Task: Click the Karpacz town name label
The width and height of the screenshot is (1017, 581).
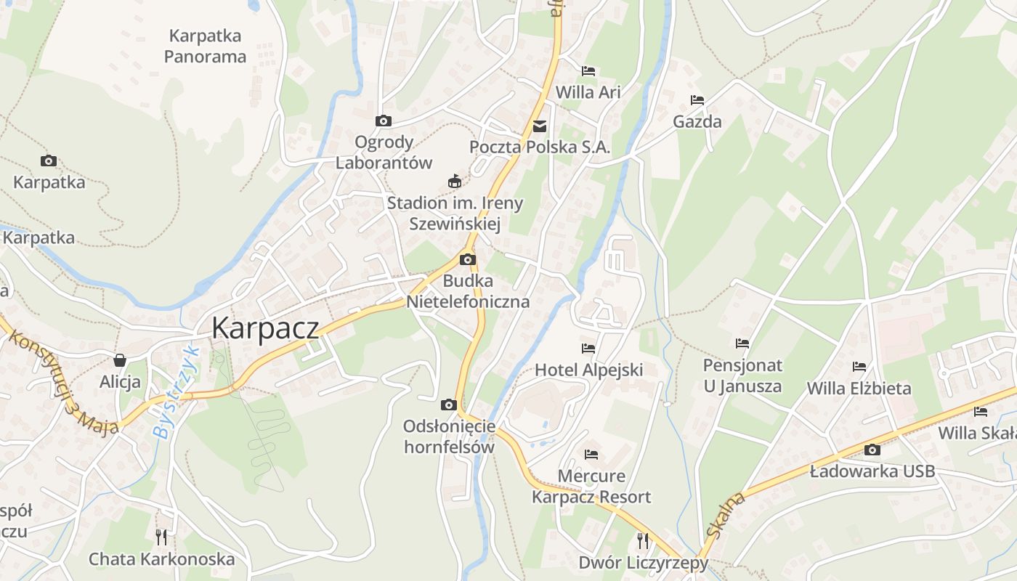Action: pyautogui.click(x=265, y=328)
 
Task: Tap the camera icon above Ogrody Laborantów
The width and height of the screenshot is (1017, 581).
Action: pyautogui.click(x=383, y=121)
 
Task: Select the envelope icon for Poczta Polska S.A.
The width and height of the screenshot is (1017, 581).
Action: pyautogui.click(x=540, y=126)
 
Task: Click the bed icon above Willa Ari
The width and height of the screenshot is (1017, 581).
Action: pyautogui.click(x=588, y=71)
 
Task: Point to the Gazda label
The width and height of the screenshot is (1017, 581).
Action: pyautogui.click(x=697, y=121)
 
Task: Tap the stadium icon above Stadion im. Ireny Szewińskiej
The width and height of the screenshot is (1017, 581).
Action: pyautogui.click(x=455, y=181)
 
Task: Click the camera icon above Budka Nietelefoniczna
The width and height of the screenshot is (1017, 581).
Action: pyautogui.click(x=468, y=260)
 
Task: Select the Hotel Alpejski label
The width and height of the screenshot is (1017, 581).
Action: pyautogui.click(x=589, y=370)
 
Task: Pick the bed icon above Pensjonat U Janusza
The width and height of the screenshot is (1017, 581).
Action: pyautogui.click(x=742, y=344)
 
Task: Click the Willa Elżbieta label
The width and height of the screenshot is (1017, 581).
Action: pyautogui.click(x=859, y=389)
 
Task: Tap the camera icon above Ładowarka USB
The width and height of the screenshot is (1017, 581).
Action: pyautogui.click(x=872, y=450)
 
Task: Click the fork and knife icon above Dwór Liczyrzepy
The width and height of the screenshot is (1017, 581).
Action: pyautogui.click(x=643, y=540)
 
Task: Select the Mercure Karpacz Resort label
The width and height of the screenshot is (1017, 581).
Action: pyautogui.click(x=591, y=487)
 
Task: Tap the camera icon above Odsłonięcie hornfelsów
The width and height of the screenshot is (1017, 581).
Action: pyautogui.click(x=449, y=405)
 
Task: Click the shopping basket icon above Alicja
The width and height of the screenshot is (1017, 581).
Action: pyautogui.click(x=120, y=360)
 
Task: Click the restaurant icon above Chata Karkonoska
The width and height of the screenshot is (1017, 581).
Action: pyautogui.click(x=161, y=537)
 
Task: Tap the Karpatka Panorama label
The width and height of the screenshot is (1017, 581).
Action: pyautogui.click(x=205, y=46)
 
